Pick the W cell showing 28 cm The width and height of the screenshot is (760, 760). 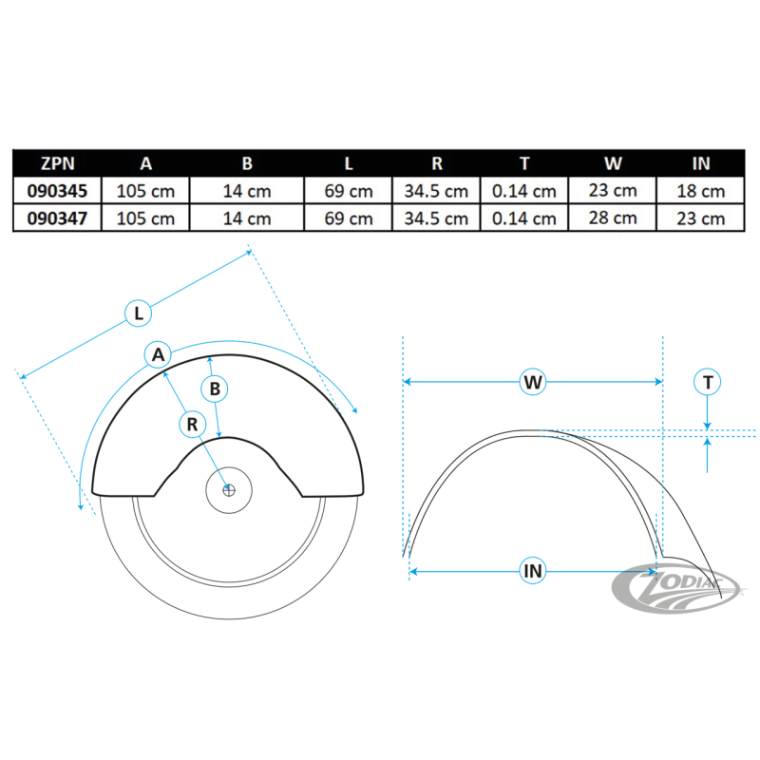(x=613, y=218)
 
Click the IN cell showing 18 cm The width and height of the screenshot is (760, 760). (x=701, y=190)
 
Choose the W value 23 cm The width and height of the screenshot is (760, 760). (x=613, y=190)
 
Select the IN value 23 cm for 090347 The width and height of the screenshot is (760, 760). (x=701, y=218)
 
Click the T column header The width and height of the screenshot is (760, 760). (x=524, y=162)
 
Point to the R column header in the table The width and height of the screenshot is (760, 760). (x=436, y=162)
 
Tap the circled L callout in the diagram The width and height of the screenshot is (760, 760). (x=139, y=312)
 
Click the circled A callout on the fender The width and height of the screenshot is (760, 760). (x=159, y=354)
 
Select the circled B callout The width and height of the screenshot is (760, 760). (x=215, y=388)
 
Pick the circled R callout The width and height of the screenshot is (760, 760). (x=192, y=424)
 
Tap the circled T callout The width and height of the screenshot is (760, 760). (x=708, y=382)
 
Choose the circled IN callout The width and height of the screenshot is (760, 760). (x=533, y=570)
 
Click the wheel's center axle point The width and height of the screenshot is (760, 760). (x=229, y=490)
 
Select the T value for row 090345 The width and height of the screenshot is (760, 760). (x=524, y=190)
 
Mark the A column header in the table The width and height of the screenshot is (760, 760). (x=145, y=162)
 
